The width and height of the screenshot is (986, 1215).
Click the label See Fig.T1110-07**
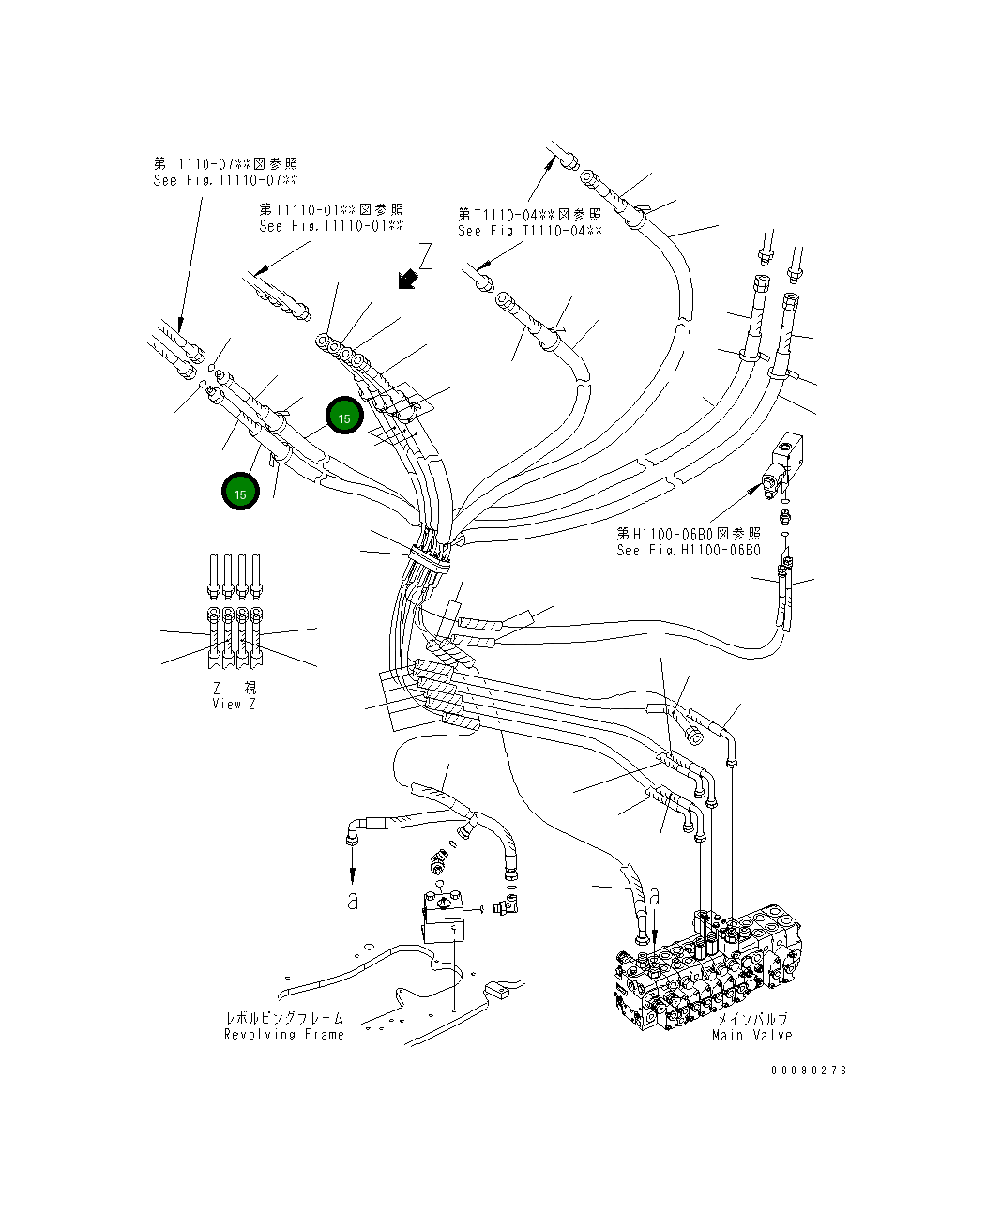coord(225,180)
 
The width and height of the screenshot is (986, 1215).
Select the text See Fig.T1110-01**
coord(331,226)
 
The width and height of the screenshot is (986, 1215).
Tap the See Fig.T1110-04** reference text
coord(529,231)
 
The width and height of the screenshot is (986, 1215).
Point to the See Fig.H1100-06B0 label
coord(688,551)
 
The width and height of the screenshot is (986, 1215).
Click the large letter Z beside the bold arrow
coord(425,257)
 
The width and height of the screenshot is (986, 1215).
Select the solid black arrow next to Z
coord(406,279)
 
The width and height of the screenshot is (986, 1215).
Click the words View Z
coord(233,704)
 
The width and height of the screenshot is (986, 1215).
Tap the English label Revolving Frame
coord(283,1034)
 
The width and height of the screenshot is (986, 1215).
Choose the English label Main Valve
coord(751,1035)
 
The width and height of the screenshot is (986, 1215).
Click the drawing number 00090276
coord(809,1071)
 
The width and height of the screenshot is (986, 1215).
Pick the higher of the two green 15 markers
coord(344,418)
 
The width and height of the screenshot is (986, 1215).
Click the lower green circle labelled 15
coord(241,493)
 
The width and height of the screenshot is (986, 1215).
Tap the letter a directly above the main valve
coord(655,896)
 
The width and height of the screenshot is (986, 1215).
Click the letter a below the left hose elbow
coord(352,901)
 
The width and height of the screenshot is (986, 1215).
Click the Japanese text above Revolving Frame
coord(283,1018)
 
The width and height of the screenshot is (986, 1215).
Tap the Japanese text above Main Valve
coord(752,1019)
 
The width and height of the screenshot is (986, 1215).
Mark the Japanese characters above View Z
coord(233,688)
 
